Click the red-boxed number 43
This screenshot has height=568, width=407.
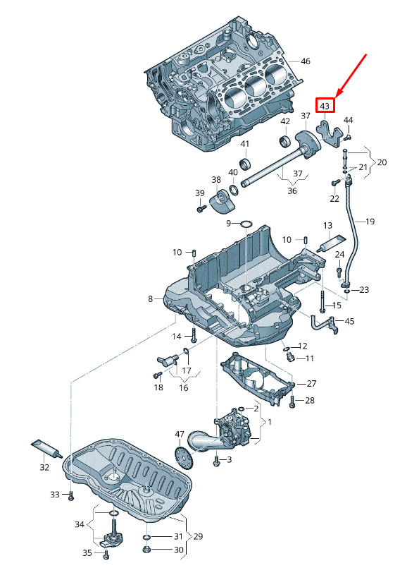[x=325, y=106]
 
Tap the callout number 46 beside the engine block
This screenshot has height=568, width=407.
[x=306, y=61]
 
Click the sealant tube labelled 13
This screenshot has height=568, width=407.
[x=331, y=244]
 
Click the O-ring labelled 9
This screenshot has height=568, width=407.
[x=246, y=224]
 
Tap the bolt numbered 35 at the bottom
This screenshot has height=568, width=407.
[x=106, y=554]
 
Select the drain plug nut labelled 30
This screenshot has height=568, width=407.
[x=147, y=550]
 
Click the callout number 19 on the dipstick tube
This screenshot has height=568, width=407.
[x=370, y=222]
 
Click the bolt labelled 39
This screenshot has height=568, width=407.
[x=201, y=209]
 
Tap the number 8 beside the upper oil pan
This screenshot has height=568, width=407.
[x=151, y=299]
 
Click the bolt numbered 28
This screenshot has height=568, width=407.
[x=292, y=401]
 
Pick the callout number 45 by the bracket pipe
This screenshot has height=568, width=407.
[x=349, y=321]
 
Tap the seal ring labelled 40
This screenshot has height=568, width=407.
[x=234, y=190]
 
